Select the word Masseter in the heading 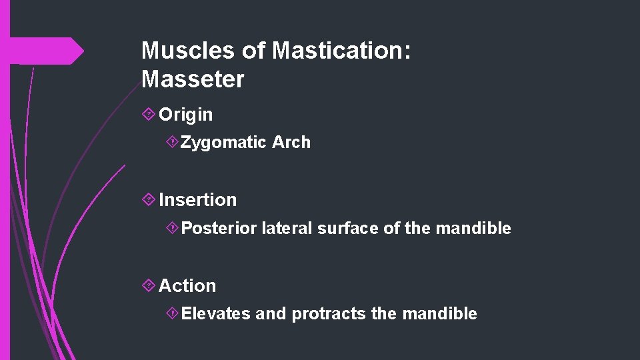pos(193,80)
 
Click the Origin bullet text pos(186,115)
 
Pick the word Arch pos(291,143)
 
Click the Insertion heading pos(198,200)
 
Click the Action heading pos(187,286)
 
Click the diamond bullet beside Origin pos(150,115)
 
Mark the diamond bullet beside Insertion pos(150,200)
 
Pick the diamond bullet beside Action pos(150,286)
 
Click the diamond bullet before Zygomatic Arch pos(173,143)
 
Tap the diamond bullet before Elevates pos(173,313)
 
